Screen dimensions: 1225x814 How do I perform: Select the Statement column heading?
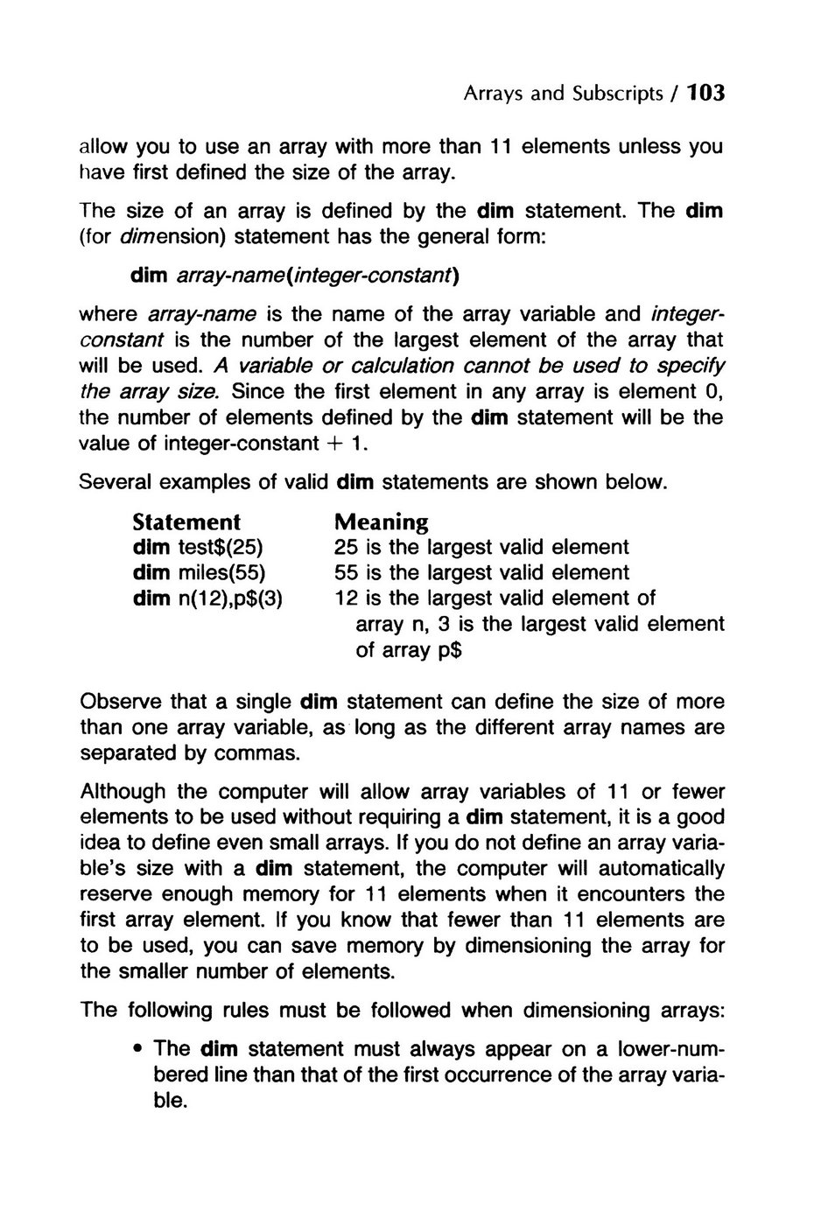(186, 522)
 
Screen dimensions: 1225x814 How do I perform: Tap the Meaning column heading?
(382, 522)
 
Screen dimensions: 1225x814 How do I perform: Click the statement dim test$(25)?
(198, 548)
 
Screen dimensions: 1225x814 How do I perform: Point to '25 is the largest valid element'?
(481, 548)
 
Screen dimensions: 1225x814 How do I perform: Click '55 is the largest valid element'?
(481, 573)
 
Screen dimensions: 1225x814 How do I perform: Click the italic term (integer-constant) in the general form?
(388, 276)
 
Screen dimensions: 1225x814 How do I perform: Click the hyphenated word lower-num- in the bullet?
(670, 1049)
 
